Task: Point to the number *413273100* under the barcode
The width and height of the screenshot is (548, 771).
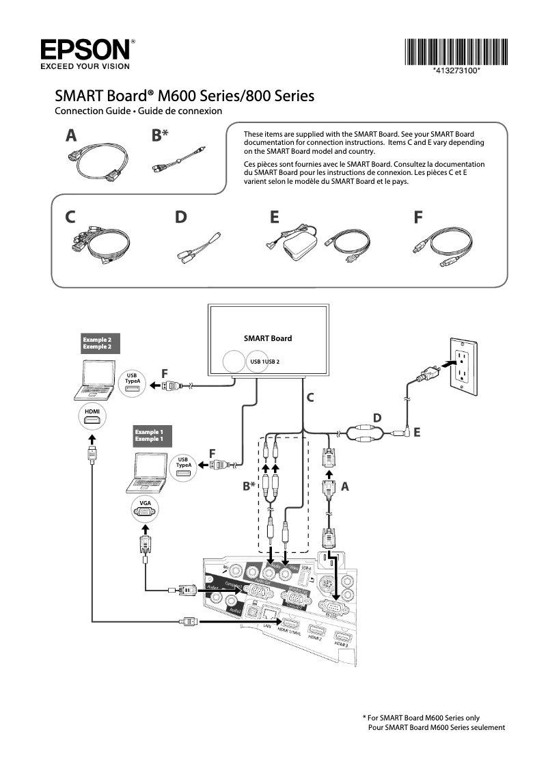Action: click(x=456, y=71)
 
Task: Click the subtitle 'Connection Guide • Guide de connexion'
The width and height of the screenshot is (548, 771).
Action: click(x=138, y=111)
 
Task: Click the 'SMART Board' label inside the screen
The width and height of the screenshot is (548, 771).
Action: click(x=268, y=338)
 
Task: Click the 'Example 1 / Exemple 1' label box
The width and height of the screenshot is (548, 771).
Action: click(x=152, y=435)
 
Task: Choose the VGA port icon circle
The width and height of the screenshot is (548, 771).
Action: click(x=145, y=509)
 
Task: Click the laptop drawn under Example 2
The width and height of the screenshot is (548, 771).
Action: click(x=94, y=383)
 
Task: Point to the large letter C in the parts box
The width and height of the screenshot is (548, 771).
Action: click(x=70, y=217)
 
